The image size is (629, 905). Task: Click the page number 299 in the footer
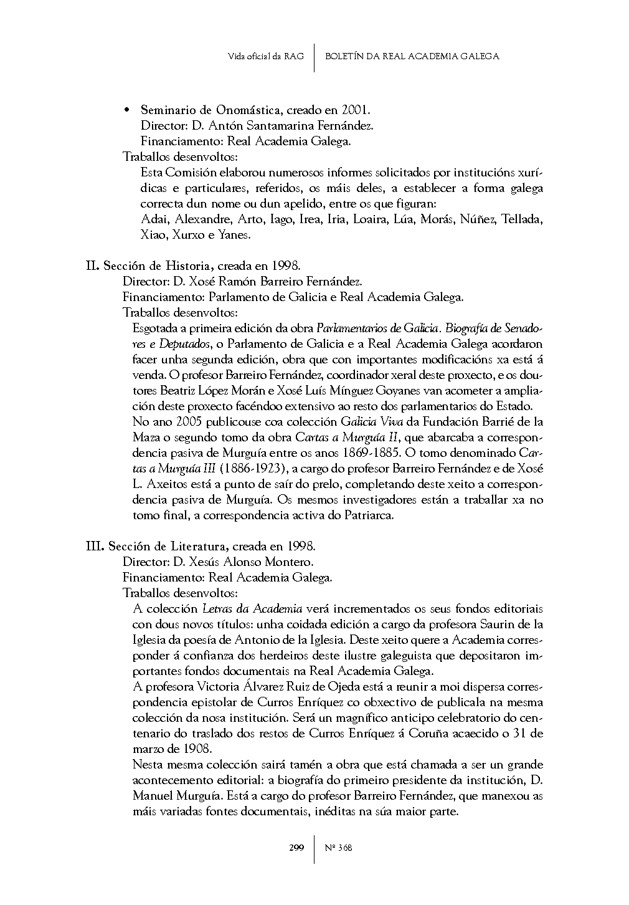(x=296, y=848)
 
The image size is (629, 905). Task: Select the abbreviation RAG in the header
(x=294, y=56)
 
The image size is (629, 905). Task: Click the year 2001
(x=356, y=110)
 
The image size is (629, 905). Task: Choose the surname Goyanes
(x=399, y=391)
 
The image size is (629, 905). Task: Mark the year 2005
(x=186, y=422)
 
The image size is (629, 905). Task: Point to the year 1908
(x=199, y=749)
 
